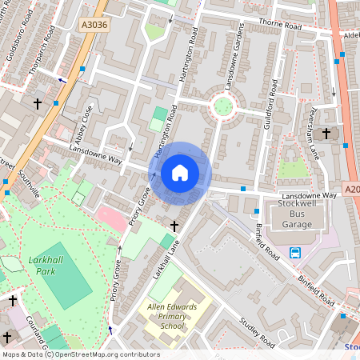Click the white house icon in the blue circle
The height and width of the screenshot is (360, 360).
pyautogui.click(x=180, y=173)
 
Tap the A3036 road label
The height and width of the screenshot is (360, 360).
pyautogui.click(x=94, y=26)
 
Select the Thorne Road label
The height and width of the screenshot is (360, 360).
pyautogui.click(x=279, y=26)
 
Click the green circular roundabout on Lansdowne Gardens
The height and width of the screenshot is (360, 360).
pyautogui.click(x=222, y=105)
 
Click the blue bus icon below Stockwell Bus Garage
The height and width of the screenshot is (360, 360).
pyautogui.click(x=295, y=254)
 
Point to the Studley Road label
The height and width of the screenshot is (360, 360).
pyautogui.click(x=256, y=332)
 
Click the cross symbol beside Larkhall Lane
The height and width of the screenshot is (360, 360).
pyautogui.click(x=174, y=227)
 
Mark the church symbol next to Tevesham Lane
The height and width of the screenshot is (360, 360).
pyautogui.click(x=326, y=133)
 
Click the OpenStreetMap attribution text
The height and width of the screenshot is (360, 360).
pyautogui.click(x=80, y=354)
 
